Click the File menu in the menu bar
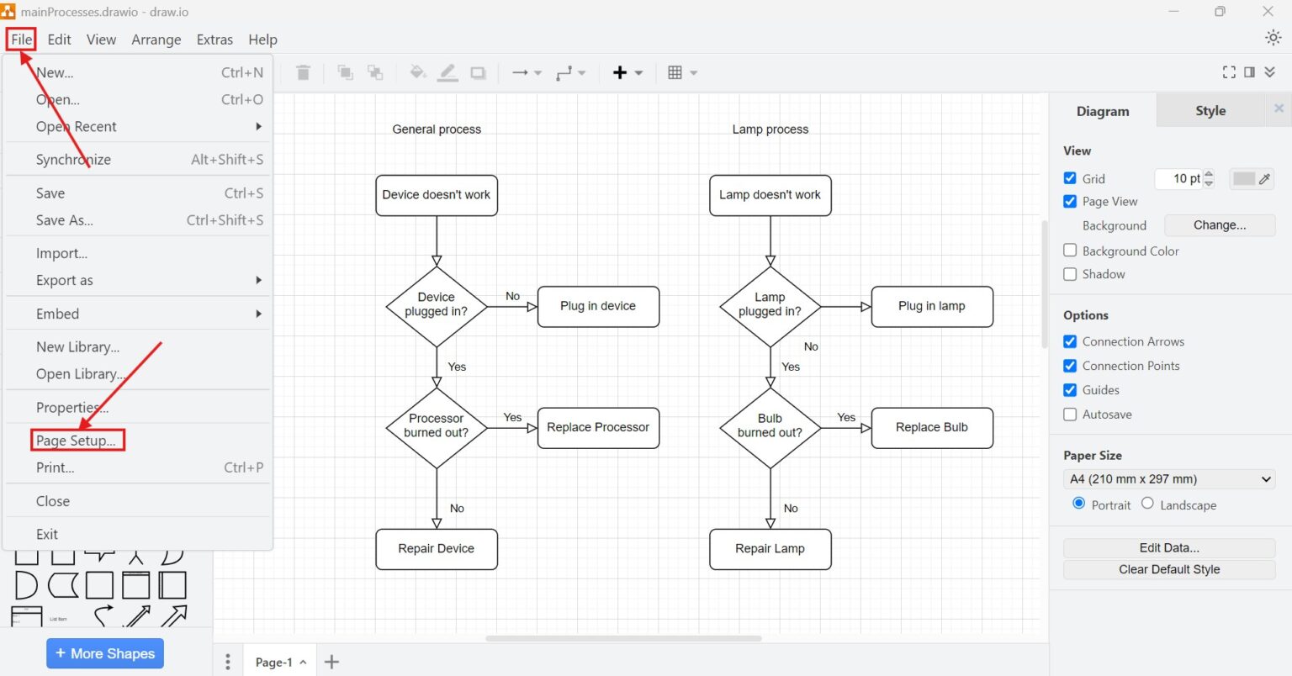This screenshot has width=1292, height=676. pyautogui.click(x=21, y=40)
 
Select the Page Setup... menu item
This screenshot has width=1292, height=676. pyautogui.click(x=76, y=441)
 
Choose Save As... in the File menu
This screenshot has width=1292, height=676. pyautogui.click(x=65, y=220)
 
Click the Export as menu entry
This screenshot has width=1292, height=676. pyautogui.click(x=65, y=280)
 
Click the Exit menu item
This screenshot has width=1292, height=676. pyautogui.click(x=47, y=534)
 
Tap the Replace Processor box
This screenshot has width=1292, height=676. pyautogui.click(x=598, y=427)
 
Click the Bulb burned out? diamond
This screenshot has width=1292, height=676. pyautogui.click(x=770, y=426)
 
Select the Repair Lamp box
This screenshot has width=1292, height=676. pyautogui.click(x=770, y=548)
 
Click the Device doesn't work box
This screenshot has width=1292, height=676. pyautogui.click(x=436, y=195)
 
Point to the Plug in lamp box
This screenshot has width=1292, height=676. pyautogui.click(x=931, y=306)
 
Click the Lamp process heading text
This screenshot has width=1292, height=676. pyautogui.click(x=770, y=129)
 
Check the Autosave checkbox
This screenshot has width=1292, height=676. pyautogui.click(x=1070, y=414)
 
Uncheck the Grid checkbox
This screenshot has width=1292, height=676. pyautogui.click(x=1070, y=178)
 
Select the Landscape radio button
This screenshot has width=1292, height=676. pyautogui.click(x=1147, y=504)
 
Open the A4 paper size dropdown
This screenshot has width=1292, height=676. pyautogui.click(x=1168, y=479)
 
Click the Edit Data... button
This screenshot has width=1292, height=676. pyautogui.click(x=1168, y=547)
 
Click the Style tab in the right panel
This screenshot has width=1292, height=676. pyautogui.click(x=1210, y=111)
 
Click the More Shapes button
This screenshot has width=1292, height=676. pyautogui.click(x=105, y=653)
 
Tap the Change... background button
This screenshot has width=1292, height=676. pyautogui.click(x=1219, y=225)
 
